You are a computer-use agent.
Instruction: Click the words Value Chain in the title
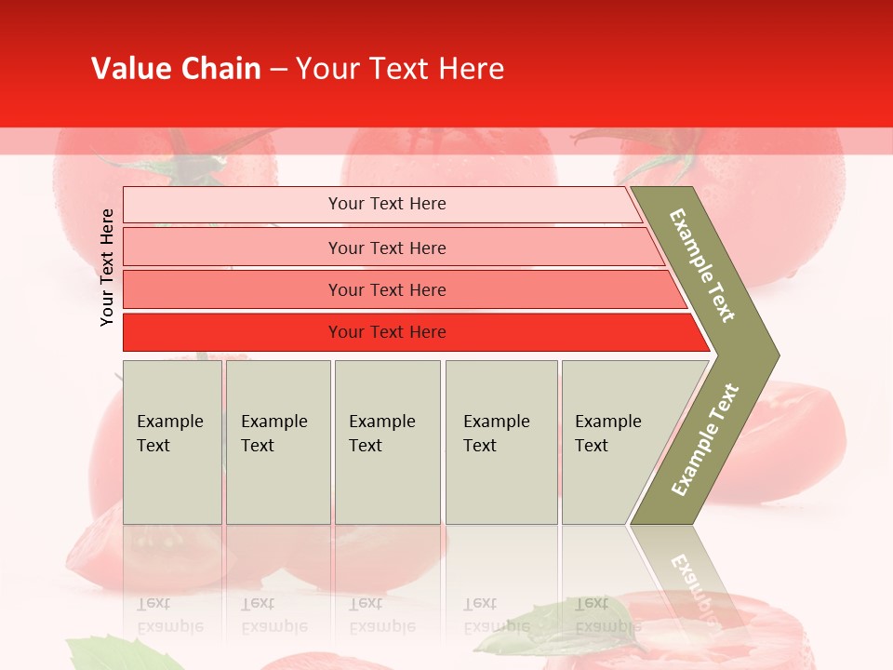click(x=176, y=69)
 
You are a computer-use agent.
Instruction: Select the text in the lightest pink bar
click(x=387, y=204)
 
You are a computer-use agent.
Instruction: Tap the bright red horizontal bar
click(x=387, y=332)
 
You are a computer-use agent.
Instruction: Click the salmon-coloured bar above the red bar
click(x=387, y=290)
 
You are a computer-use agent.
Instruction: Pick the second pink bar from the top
click(x=387, y=248)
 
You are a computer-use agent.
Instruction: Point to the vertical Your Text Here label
click(x=107, y=267)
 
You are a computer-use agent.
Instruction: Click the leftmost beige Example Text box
click(x=172, y=441)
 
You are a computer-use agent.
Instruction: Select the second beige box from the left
click(x=277, y=441)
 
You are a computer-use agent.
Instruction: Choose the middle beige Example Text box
click(x=387, y=441)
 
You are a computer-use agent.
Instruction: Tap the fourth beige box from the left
click(x=501, y=441)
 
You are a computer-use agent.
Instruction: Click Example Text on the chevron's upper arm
click(x=702, y=265)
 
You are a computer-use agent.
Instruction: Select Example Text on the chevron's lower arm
click(x=705, y=440)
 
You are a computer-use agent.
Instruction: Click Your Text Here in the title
click(x=400, y=69)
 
